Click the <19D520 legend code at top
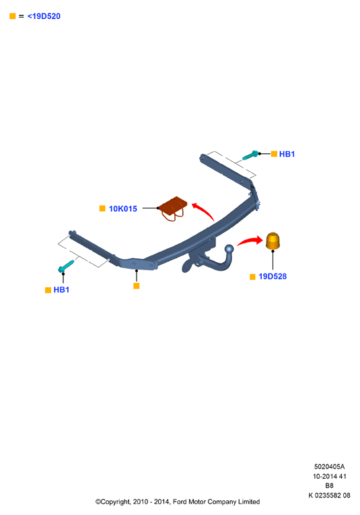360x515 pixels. tap(44, 16)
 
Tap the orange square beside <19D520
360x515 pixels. tap(13, 16)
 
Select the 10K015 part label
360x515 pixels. tap(122, 208)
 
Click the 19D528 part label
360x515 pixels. tap(273, 276)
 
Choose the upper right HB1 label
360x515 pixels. tap(287, 154)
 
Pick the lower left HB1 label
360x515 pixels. tap(61, 290)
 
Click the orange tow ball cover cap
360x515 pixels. tap(273, 241)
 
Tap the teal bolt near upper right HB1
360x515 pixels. tap(250, 155)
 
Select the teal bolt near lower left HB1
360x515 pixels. tap(66, 266)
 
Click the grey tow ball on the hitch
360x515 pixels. tap(229, 249)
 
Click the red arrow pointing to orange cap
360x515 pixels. tap(250, 241)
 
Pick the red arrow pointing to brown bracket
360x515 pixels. tap(204, 210)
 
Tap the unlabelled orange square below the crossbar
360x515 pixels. tap(137, 286)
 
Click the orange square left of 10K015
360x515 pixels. tap(102, 208)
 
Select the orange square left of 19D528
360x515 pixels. tap(252, 276)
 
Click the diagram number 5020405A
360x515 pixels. tap(329, 467)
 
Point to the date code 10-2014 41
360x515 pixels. tap(330, 476)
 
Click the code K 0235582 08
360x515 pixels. tap(329, 496)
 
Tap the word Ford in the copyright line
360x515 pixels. tap(180, 502)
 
